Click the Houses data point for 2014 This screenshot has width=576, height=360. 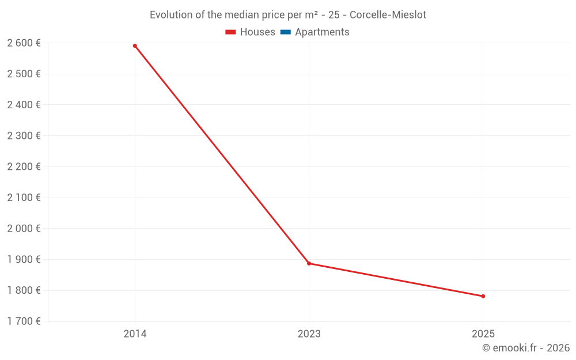135,46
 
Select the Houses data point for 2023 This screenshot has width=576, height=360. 309,263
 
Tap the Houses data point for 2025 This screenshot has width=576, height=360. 483,296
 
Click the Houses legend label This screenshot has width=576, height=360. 257,32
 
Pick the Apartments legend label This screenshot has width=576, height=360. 322,32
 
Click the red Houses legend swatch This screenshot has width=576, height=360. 231,32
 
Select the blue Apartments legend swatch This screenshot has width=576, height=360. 286,32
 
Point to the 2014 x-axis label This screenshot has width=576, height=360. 135,334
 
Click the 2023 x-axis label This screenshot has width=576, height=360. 309,334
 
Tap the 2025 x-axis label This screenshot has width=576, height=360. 483,334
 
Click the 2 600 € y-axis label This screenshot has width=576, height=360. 24,43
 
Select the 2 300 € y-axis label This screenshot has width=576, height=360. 24,135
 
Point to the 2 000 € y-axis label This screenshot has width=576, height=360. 24,228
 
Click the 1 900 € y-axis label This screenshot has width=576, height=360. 24,259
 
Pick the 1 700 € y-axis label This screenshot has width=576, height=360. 24,321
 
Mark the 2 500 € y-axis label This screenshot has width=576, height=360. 24,74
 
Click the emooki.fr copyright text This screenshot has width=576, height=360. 526,348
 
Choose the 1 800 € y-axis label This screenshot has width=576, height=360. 24,290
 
